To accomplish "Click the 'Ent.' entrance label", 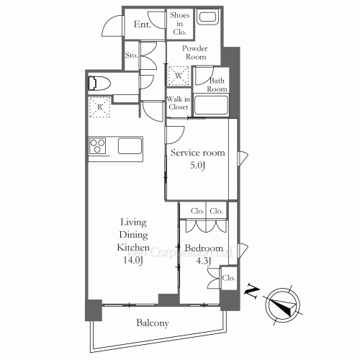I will point(142,24).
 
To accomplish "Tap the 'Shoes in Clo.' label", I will point(179,23).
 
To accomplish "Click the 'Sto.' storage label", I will point(131,55).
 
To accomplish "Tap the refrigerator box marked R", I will point(99,108).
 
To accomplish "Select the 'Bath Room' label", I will point(217,84).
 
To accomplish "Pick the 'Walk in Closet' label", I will point(178,103).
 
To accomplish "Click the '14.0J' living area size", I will point(131,260).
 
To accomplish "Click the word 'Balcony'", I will point(153,323).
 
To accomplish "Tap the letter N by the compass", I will point(252,292).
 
